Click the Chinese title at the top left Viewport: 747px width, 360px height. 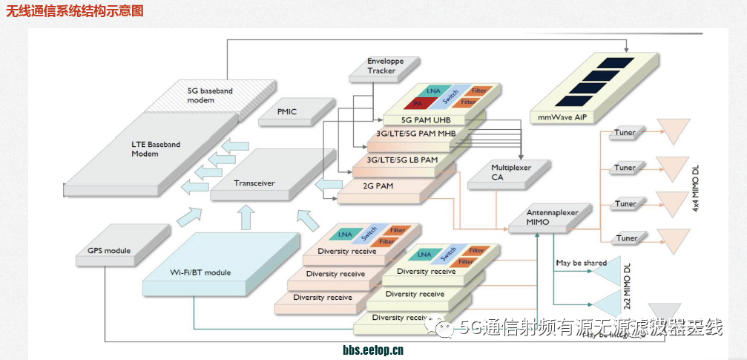75,11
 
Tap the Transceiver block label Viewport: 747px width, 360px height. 254,183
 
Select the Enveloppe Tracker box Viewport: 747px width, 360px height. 381,66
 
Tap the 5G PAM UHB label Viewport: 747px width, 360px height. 426,120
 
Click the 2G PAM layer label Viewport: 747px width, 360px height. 378,186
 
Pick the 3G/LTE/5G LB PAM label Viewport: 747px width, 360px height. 402,160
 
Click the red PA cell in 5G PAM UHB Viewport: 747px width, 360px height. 418,102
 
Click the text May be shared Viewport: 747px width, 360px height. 581,263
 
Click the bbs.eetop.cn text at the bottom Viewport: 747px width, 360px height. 372,351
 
